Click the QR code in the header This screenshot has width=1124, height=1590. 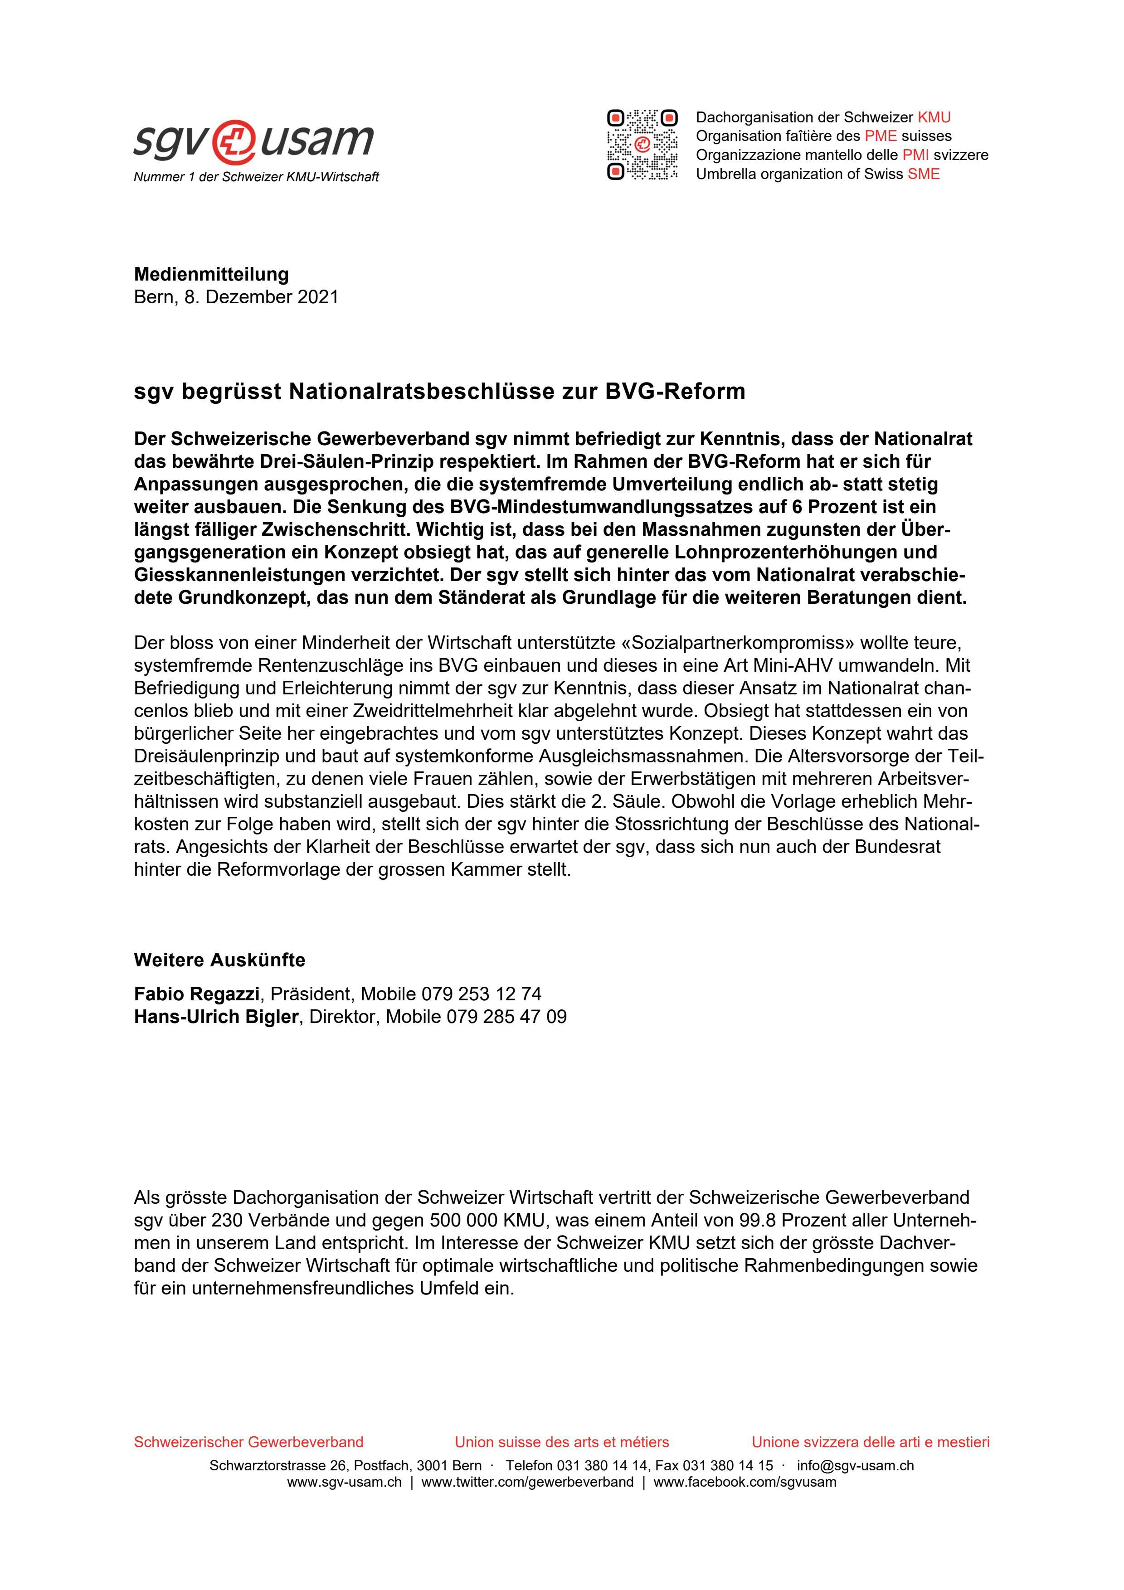pos(642,145)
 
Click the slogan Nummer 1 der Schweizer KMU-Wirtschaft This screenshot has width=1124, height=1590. pos(256,177)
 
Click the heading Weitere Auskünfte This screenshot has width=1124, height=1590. pos(219,960)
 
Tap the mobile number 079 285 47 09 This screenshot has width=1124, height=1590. pos(506,1017)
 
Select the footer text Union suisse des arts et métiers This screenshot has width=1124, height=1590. pos(562,1442)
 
